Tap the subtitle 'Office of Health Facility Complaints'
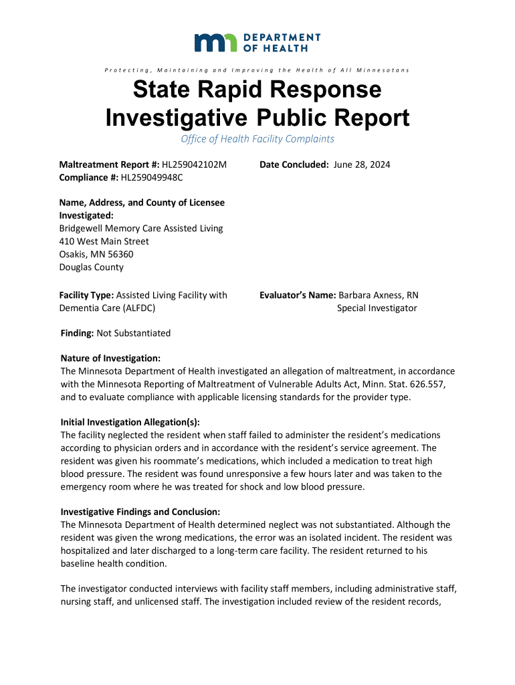tap(257, 139)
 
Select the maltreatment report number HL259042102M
tap(195, 165)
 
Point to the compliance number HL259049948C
tap(152, 177)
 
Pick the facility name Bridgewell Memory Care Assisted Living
tap(141, 229)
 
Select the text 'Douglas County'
tap(92, 267)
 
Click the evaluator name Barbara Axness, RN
tap(379, 295)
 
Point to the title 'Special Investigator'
tap(377, 308)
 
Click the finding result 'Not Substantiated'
tap(134, 333)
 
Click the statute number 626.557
tap(418, 384)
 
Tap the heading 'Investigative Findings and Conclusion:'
tap(135, 512)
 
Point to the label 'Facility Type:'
tap(87, 295)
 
